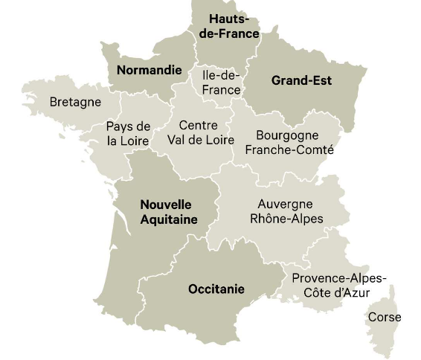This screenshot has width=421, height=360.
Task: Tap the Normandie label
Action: pyautogui.click(x=149, y=71)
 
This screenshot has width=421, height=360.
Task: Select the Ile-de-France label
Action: pyautogui.click(x=222, y=83)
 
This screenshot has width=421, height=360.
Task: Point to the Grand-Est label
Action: pyautogui.click(x=301, y=80)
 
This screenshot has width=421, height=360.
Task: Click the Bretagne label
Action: pyautogui.click(x=75, y=102)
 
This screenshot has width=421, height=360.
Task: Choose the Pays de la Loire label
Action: pyautogui.click(x=128, y=133)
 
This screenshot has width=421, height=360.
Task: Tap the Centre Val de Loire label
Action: pyautogui.click(x=200, y=132)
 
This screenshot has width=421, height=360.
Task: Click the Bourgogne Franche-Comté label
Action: pyautogui.click(x=289, y=143)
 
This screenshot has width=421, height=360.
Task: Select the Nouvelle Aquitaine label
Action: pyautogui.click(x=169, y=212)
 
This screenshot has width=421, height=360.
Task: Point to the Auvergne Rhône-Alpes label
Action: pyautogui.click(x=286, y=211)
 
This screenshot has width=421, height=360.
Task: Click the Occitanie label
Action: pyautogui.click(x=216, y=289)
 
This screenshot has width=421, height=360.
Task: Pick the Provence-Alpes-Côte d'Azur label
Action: pyautogui.click(x=338, y=286)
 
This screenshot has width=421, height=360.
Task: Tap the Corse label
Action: pyautogui.click(x=385, y=318)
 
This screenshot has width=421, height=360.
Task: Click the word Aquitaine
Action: pyautogui.click(x=169, y=219)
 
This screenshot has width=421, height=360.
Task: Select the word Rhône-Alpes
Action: pyautogui.click(x=286, y=219)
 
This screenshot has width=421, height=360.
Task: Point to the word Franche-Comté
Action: pyautogui.click(x=289, y=150)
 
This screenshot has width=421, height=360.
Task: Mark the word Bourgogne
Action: pyautogui.click(x=287, y=135)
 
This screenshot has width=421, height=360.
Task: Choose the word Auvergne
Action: pyautogui.click(x=285, y=204)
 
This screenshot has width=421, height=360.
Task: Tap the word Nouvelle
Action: pyautogui.click(x=166, y=205)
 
